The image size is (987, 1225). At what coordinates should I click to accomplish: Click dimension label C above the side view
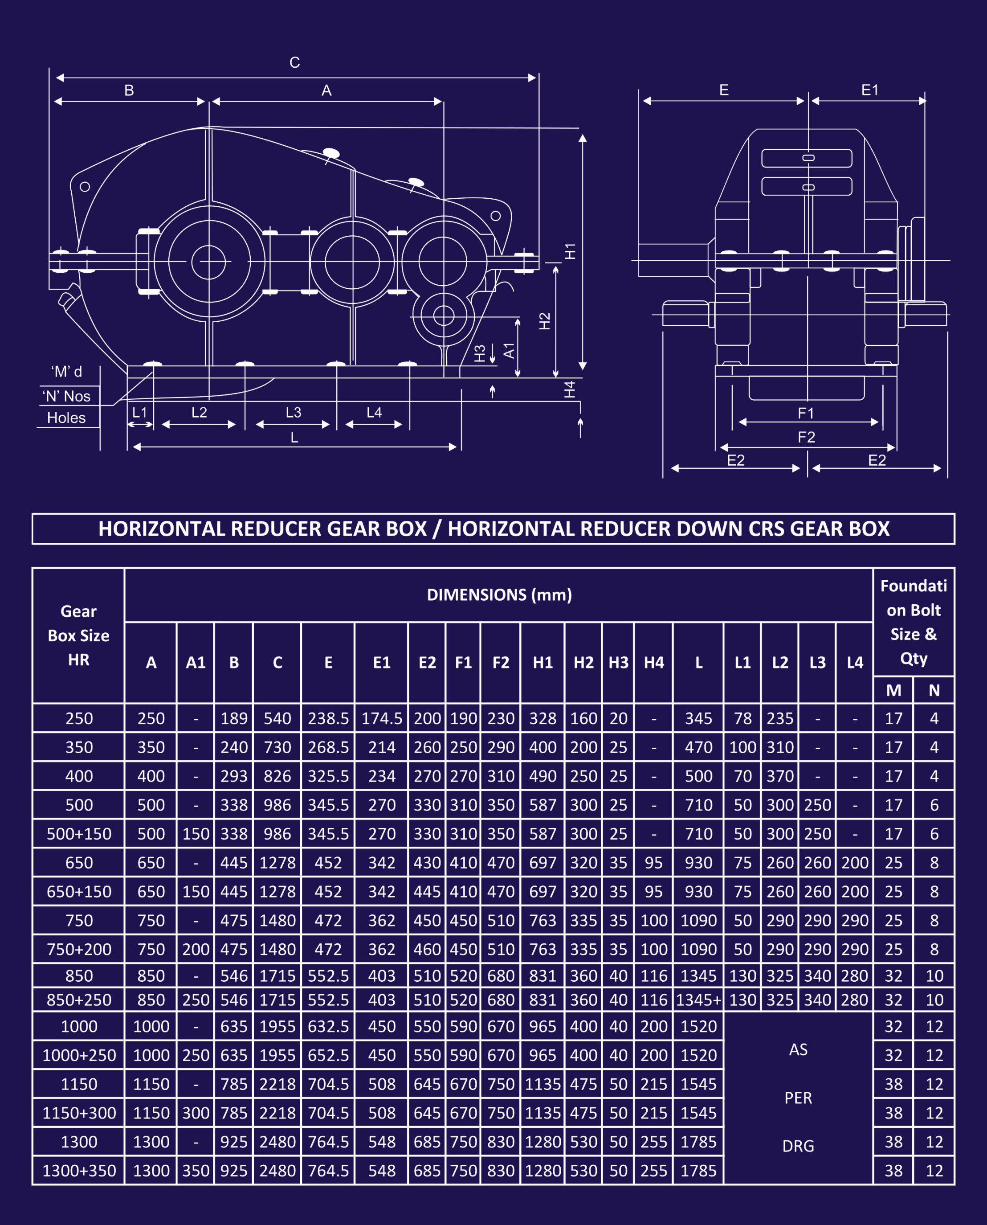(294, 62)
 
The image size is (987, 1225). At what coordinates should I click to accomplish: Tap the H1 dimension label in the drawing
(570, 251)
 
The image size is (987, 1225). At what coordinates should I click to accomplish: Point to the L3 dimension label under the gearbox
(294, 412)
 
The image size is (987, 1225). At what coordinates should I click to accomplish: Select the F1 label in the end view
(806, 414)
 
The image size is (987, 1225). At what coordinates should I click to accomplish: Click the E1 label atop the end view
(870, 90)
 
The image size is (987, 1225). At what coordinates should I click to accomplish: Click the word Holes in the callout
(66, 418)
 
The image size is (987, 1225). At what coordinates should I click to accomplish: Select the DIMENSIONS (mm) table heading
(499, 595)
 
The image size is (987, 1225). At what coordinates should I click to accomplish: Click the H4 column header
(654, 663)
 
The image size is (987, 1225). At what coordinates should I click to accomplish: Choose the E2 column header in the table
(427, 663)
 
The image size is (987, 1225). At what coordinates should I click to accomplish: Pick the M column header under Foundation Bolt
(893, 690)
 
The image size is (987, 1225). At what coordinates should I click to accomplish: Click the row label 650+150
(79, 892)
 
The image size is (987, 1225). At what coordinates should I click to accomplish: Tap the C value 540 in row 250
(277, 718)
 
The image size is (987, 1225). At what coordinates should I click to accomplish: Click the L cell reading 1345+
(699, 1000)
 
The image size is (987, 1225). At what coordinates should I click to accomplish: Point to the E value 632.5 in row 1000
(328, 1027)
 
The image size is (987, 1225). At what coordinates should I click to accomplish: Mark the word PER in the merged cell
(798, 1098)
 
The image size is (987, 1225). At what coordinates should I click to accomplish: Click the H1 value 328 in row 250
(543, 718)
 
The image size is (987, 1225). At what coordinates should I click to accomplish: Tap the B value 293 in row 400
(234, 776)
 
